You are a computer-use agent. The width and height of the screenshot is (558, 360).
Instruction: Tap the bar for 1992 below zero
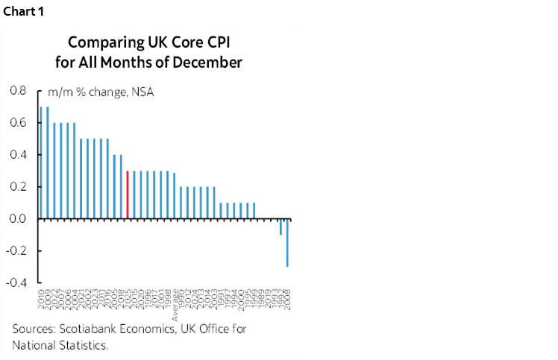(x=280, y=227)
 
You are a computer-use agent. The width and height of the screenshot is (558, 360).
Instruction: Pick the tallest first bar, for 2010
(x=41, y=162)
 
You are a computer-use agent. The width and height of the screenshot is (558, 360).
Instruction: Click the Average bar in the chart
(x=174, y=195)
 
